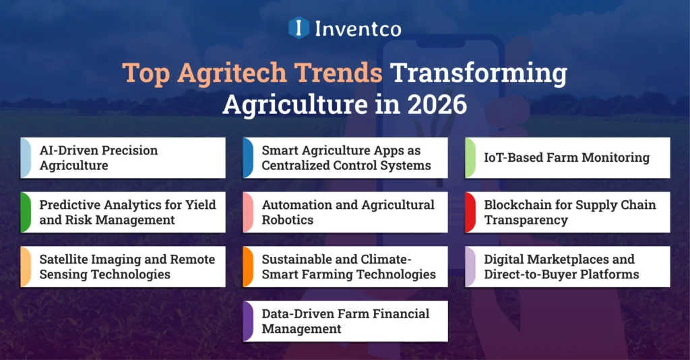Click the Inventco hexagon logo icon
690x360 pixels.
coord(299,28)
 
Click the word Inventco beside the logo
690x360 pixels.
coord(356,28)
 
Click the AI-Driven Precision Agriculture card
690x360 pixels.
coord(123,158)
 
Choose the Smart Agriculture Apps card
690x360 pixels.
coord(345,158)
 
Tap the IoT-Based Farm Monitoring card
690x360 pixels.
coord(567,158)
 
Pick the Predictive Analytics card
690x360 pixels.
coord(123,212)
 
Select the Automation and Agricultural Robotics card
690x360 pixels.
coord(345,212)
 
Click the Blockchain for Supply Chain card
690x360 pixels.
coord(567,212)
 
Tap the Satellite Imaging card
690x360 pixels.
coord(123,267)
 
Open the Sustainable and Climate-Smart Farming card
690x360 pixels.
coord(345,267)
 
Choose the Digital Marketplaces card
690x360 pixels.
coord(567,267)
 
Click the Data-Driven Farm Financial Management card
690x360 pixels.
coord(345,321)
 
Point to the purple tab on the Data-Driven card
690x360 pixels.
coord(247,321)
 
